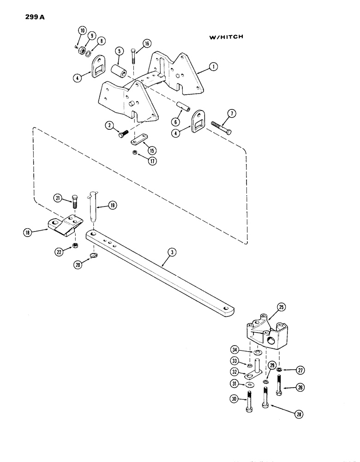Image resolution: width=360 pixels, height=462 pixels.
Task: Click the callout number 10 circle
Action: (82, 31)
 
